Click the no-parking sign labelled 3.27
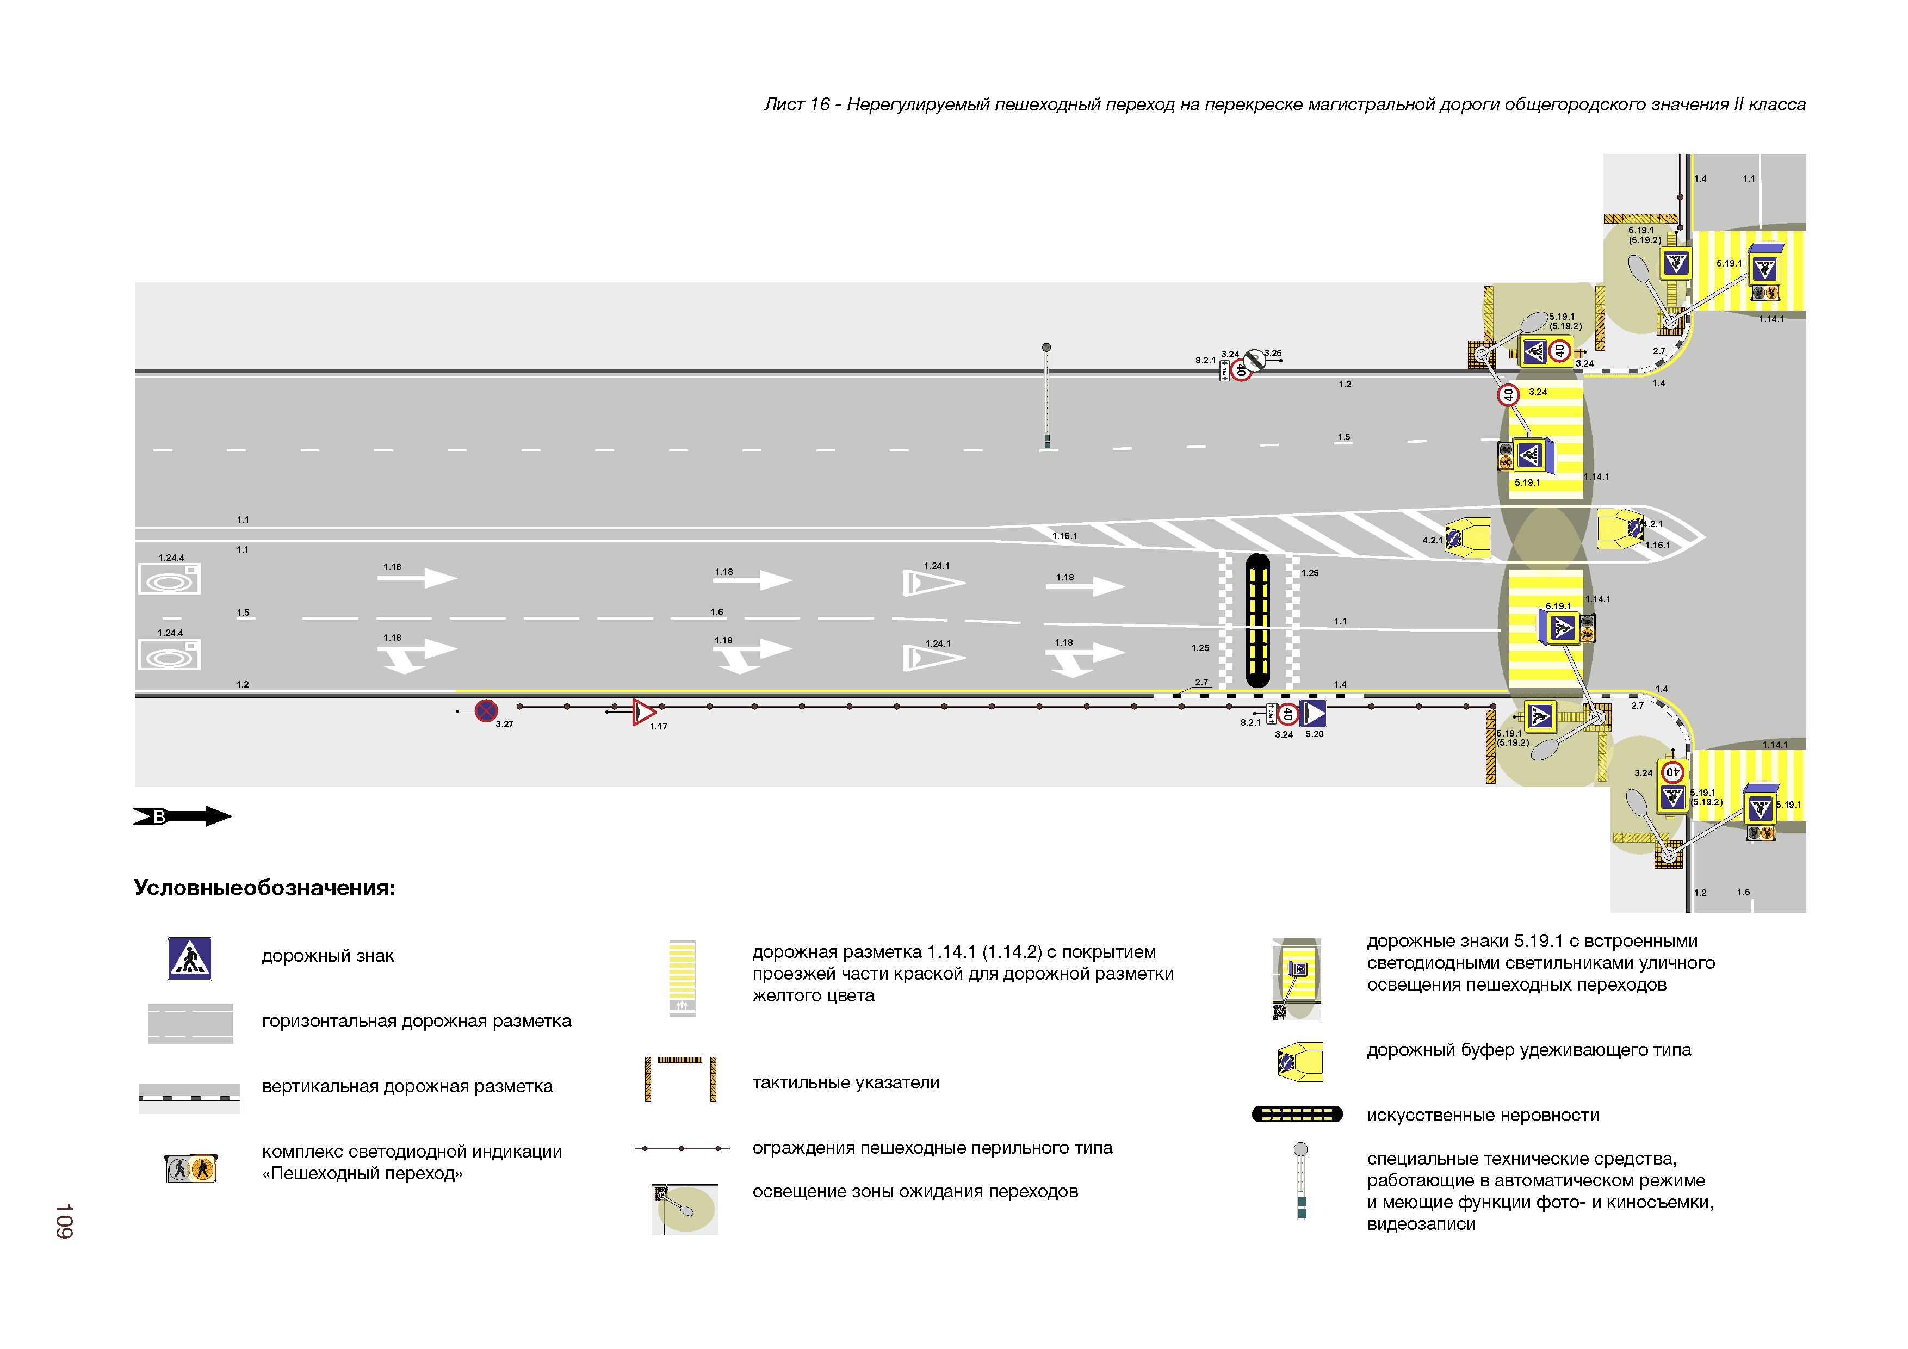pos(486,710)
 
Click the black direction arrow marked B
pos(183,816)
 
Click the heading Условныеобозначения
pos(264,888)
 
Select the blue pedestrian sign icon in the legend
pos(189,959)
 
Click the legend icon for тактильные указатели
pos(680,1078)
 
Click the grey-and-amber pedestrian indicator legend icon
pos(190,1168)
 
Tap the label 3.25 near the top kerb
pos(1272,353)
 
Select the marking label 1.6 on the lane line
pos(716,612)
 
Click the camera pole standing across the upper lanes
pos(1047,397)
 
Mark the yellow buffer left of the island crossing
pos(1469,537)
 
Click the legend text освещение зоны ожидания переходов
pos(914,1191)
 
